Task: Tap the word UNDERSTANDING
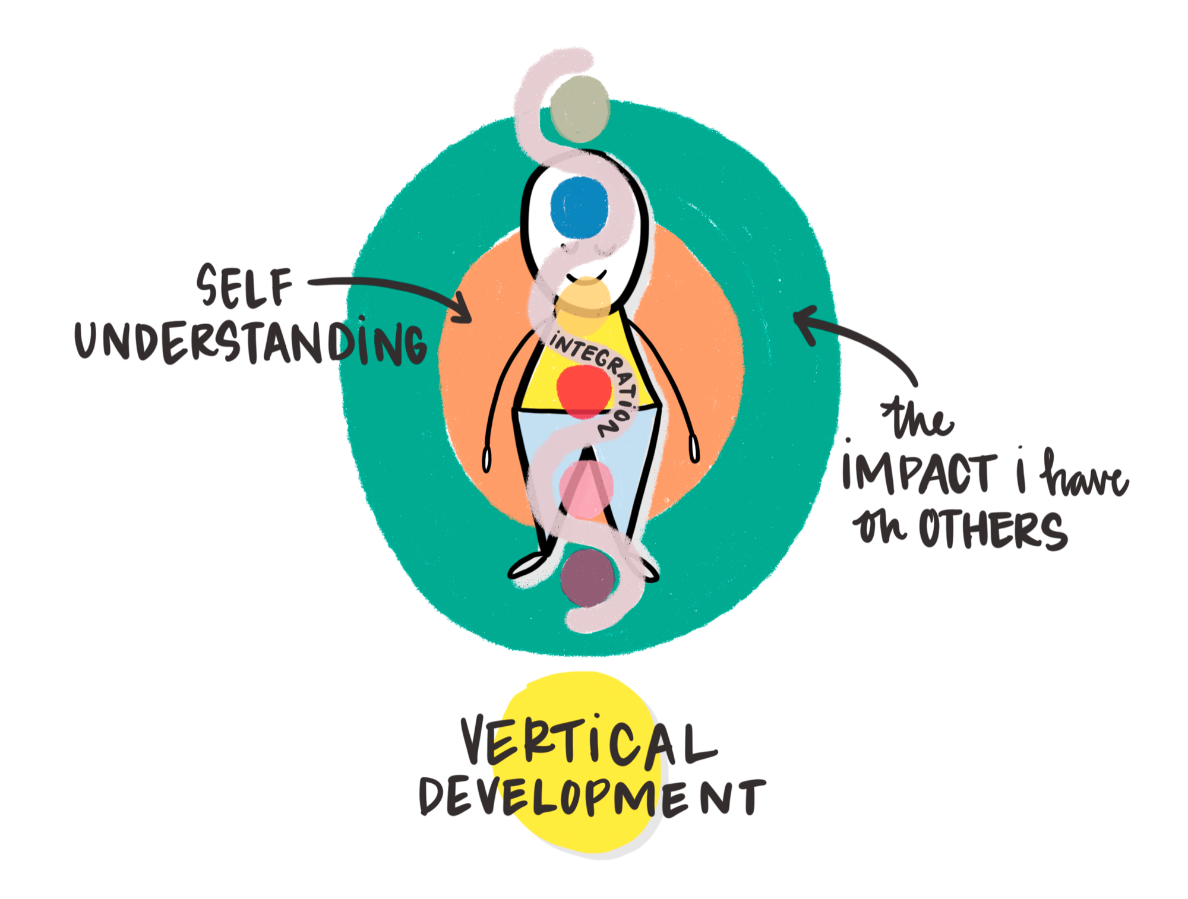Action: pyautogui.click(x=250, y=343)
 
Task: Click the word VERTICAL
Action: pyautogui.click(x=588, y=742)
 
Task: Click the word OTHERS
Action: pyautogui.click(x=992, y=529)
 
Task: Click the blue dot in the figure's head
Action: pyautogui.click(x=579, y=207)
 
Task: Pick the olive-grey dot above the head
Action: pyautogui.click(x=579, y=109)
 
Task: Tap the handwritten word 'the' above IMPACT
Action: pyautogui.click(x=918, y=419)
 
